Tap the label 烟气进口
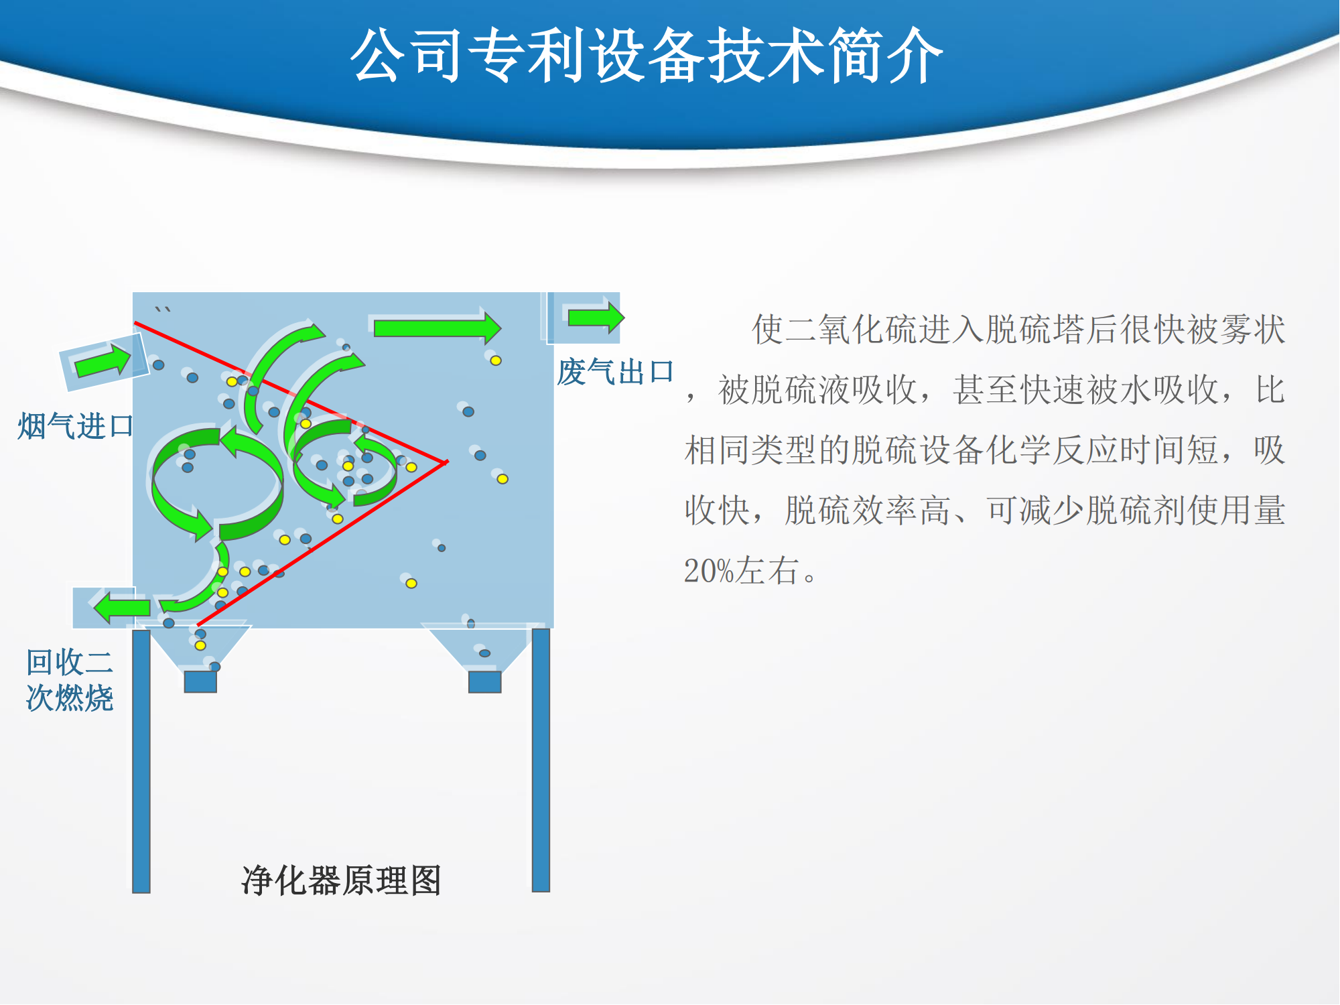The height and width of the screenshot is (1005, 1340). point(76,426)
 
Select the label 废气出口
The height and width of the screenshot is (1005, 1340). point(615,372)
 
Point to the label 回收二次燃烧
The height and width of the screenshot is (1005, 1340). point(70,680)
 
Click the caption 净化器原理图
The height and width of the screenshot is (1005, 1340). point(341,880)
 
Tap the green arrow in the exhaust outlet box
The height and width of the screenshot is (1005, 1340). point(596,317)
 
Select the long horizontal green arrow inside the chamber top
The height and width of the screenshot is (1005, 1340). point(437,328)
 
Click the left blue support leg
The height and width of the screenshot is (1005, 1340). point(141,761)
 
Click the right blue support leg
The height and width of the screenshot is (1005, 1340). point(541,760)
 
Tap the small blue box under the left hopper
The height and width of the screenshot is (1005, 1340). point(200,682)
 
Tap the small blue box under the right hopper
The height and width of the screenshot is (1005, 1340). point(485,682)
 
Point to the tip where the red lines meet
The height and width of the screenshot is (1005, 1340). point(447,462)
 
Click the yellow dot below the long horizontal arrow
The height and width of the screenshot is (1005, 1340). point(496,360)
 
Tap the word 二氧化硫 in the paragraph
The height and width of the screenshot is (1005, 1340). point(851,329)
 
